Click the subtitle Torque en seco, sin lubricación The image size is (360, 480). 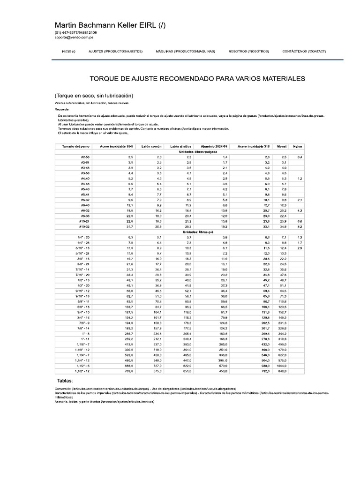pyautogui.click(x=97, y=96)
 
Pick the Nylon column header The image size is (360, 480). pyautogui.click(x=298, y=147)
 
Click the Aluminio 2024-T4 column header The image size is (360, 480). pyautogui.click(x=214, y=147)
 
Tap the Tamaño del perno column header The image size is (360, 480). pyautogui.click(x=75, y=147)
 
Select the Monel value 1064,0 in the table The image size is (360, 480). pyautogui.click(x=282, y=365)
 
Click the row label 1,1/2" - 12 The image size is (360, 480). pyautogui.click(x=82, y=370)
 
